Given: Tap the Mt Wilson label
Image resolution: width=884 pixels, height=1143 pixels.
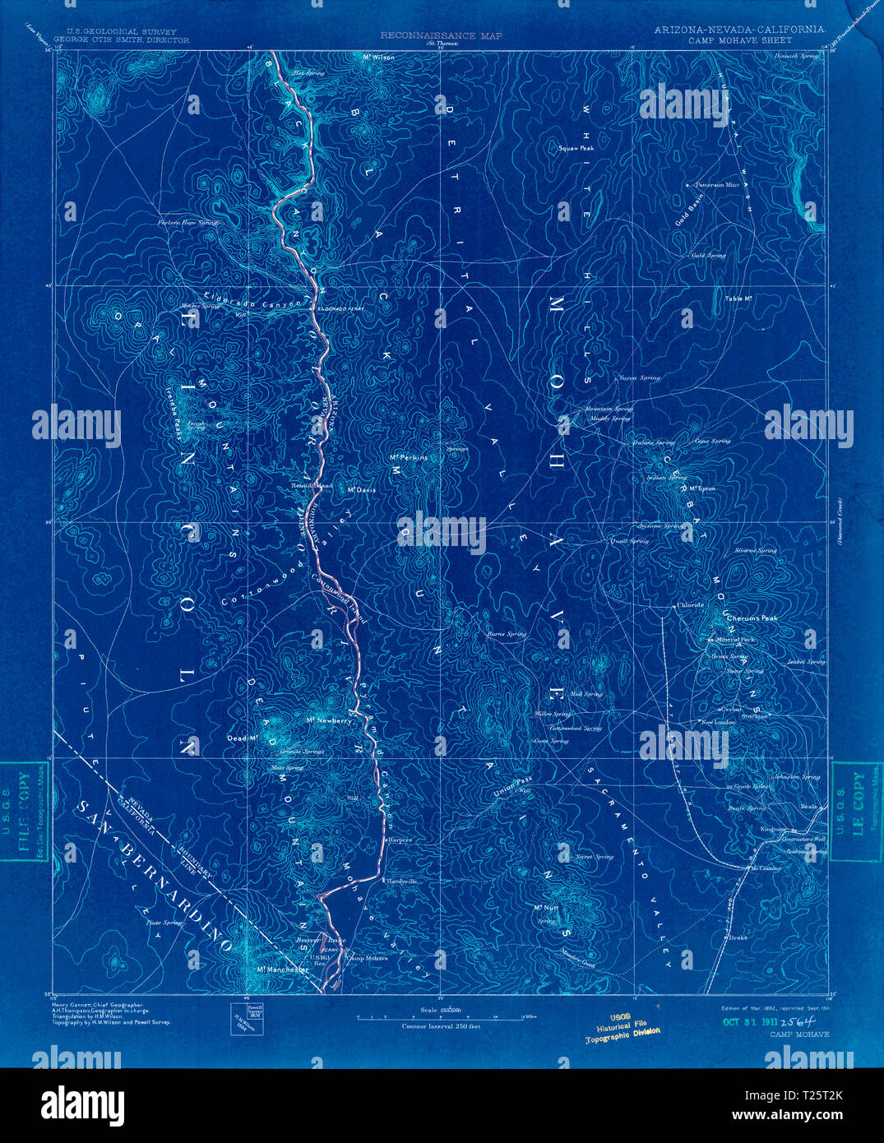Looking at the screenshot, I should click(x=378, y=58).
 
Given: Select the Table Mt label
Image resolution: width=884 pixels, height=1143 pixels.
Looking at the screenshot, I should click(x=739, y=298).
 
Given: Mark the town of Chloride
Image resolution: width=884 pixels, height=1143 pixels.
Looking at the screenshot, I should click(x=690, y=605).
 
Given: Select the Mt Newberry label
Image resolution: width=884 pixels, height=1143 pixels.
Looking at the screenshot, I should click(x=328, y=721).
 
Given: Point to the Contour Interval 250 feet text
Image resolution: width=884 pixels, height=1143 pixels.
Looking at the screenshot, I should click(x=440, y=1026).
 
